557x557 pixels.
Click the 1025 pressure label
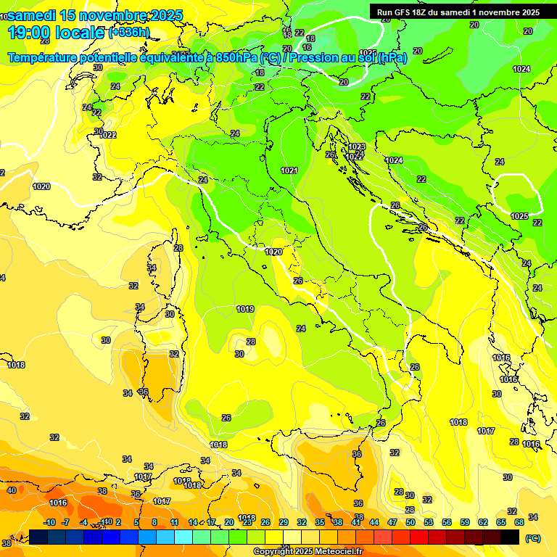519,216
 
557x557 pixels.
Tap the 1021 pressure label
289,170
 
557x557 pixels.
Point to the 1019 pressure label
245,309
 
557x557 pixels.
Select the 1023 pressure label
356,147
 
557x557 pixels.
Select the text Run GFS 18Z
403,12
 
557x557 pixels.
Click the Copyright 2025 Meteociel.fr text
308,551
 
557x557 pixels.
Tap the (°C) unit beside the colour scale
532,538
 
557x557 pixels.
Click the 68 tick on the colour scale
519,522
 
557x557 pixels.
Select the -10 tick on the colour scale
49,522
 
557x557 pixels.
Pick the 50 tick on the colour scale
410,522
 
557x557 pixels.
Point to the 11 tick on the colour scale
175,522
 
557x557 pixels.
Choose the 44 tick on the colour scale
374,522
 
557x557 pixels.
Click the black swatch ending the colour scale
510,537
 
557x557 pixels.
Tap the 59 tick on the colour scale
465,522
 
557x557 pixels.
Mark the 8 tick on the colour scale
154,522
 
